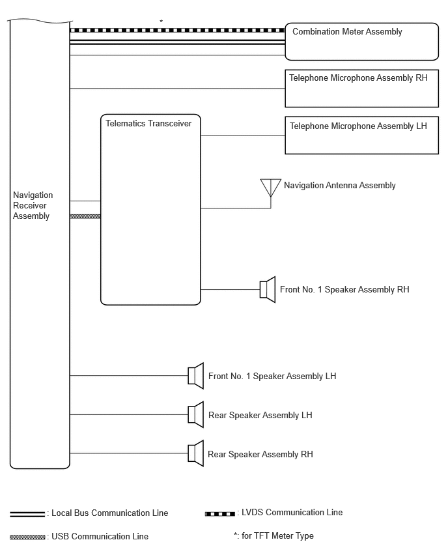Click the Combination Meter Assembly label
[347, 32]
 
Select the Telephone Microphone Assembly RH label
[358, 78]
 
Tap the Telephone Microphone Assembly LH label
[358, 126]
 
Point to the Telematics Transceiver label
[148, 123]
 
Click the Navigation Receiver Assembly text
[33, 205]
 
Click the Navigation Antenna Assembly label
[340, 186]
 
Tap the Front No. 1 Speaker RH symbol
[268, 289]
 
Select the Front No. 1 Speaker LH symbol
[196, 376]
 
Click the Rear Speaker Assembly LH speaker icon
[196, 414]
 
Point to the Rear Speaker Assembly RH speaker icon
[196, 453]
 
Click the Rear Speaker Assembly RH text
[260, 454]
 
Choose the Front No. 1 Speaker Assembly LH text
[272, 376]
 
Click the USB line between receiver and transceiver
[85, 216]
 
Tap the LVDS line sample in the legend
[219, 513]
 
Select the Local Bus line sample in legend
[27, 514]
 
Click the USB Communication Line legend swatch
[27, 537]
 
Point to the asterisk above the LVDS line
[161, 21]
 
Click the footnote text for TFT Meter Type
[273, 536]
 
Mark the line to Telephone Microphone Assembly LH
[243, 135]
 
